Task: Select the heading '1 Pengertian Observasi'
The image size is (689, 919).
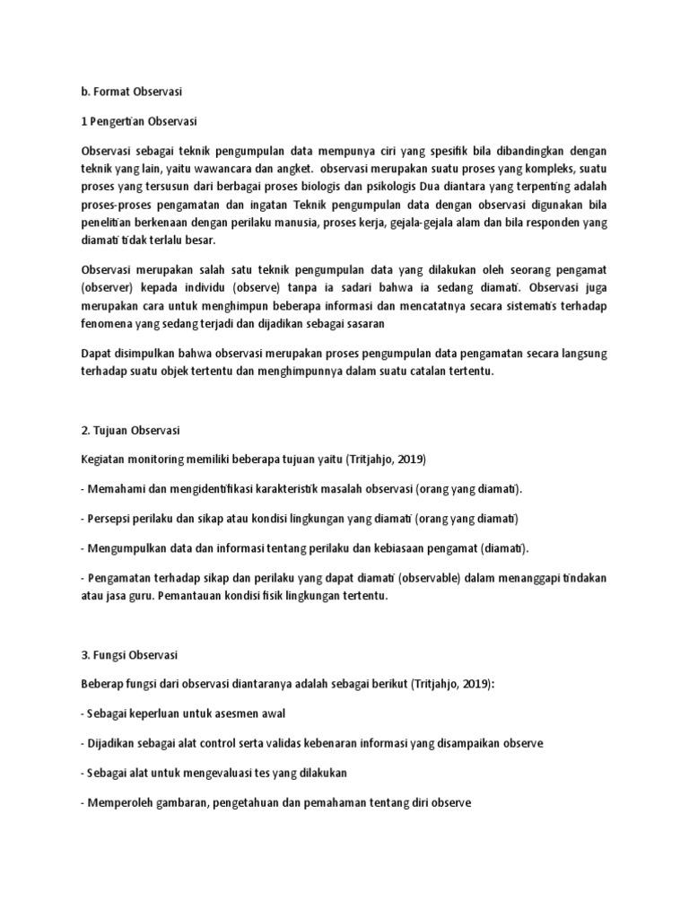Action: (x=139, y=121)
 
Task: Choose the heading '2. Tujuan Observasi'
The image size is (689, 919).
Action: (x=131, y=430)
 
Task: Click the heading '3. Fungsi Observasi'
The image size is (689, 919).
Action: (x=129, y=654)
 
